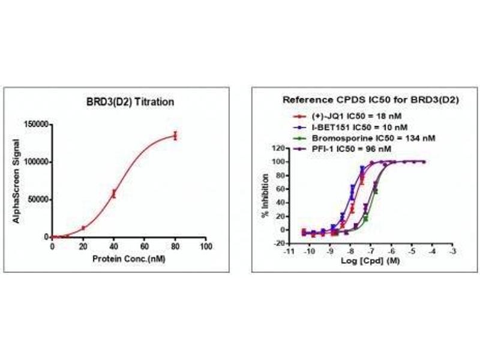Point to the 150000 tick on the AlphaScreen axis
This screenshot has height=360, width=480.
37,124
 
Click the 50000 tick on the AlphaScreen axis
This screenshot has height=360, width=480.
38,199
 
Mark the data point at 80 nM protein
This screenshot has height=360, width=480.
175,136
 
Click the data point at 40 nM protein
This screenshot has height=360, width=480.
113,193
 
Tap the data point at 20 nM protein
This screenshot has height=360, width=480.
83,228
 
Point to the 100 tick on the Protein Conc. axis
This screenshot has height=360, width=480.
206,247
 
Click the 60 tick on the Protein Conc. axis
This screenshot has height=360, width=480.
144,247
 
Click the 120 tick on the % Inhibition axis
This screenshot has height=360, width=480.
277,148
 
